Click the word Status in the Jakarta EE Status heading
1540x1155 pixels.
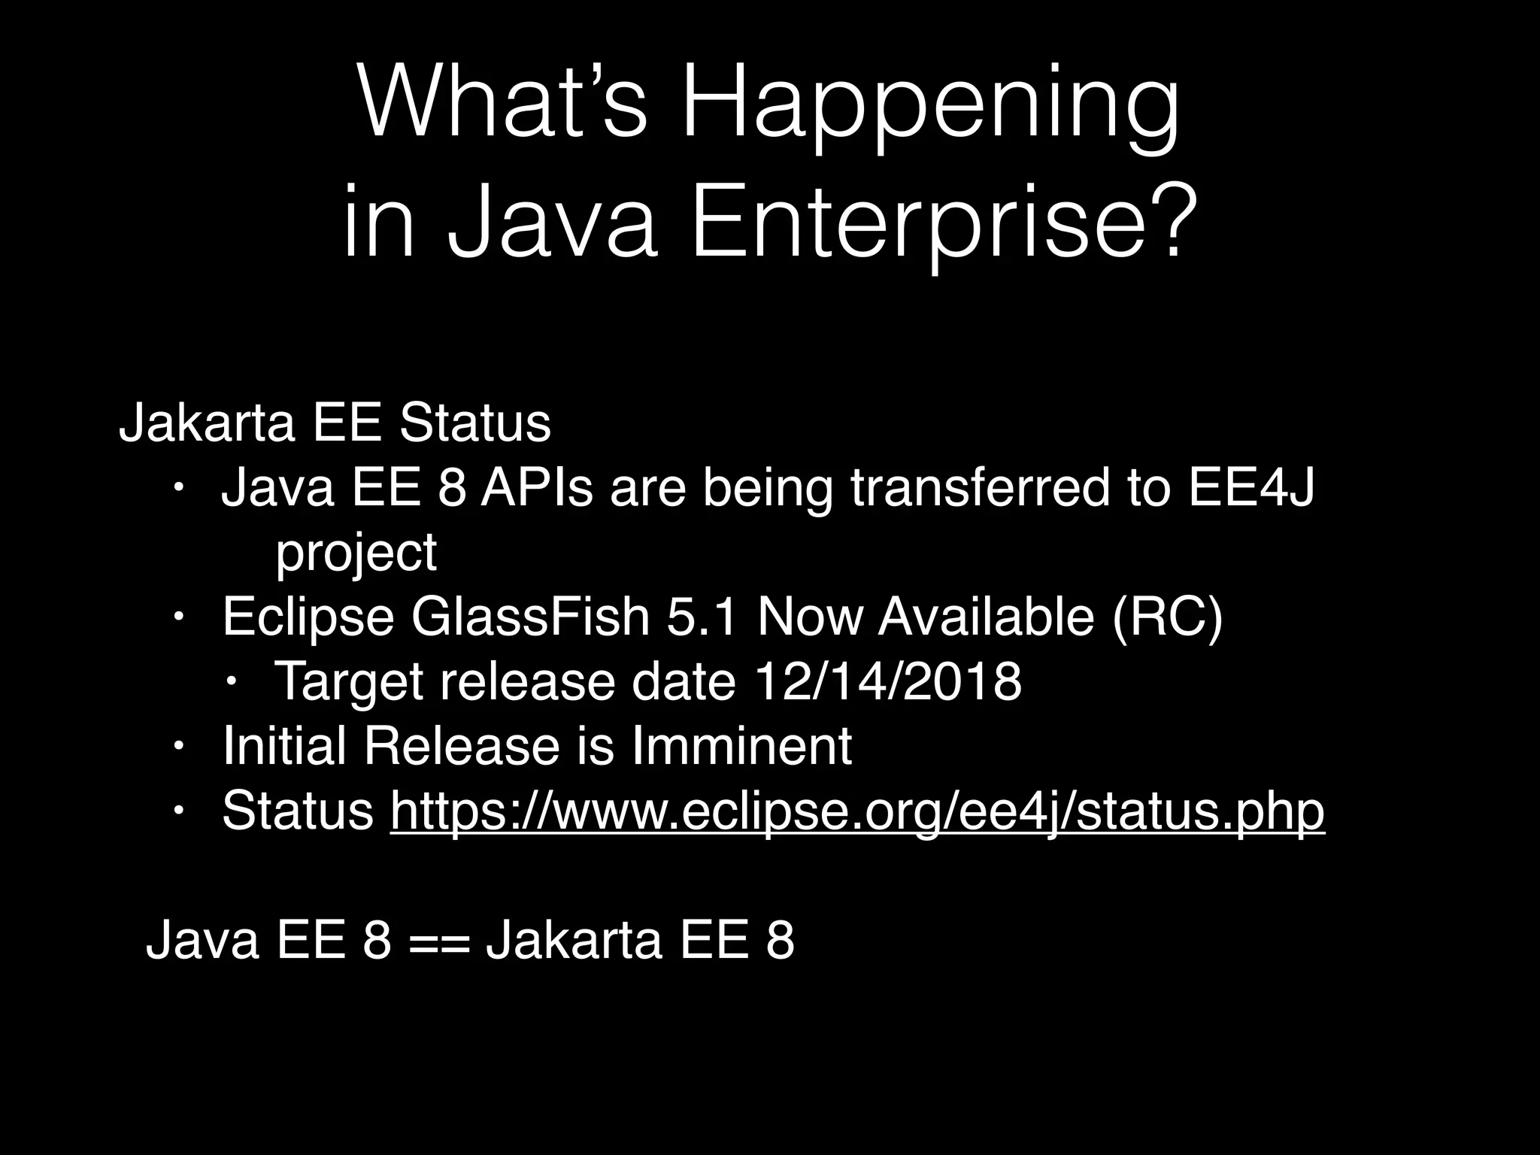click(x=475, y=423)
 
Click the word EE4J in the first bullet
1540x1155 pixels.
click(x=1251, y=488)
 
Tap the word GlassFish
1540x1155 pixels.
click(x=530, y=617)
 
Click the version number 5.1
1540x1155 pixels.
click(x=702, y=617)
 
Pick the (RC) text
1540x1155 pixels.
click(x=1167, y=617)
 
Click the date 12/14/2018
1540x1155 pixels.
click(x=887, y=682)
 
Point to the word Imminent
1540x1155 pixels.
click(x=741, y=747)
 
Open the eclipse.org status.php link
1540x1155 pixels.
click(x=857, y=812)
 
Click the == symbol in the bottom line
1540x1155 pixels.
click(x=439, y=941)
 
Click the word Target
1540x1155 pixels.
click(x=348, y=682)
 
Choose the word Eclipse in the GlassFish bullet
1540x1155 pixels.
click(x=308, y=617)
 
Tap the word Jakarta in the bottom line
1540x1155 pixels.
click(x=574, y=941)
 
